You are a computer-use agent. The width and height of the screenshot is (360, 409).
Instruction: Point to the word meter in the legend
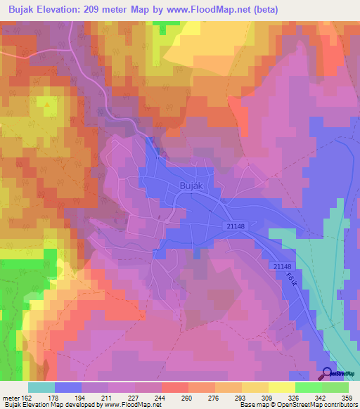14,397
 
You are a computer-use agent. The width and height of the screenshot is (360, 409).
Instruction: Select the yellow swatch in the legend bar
281,387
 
